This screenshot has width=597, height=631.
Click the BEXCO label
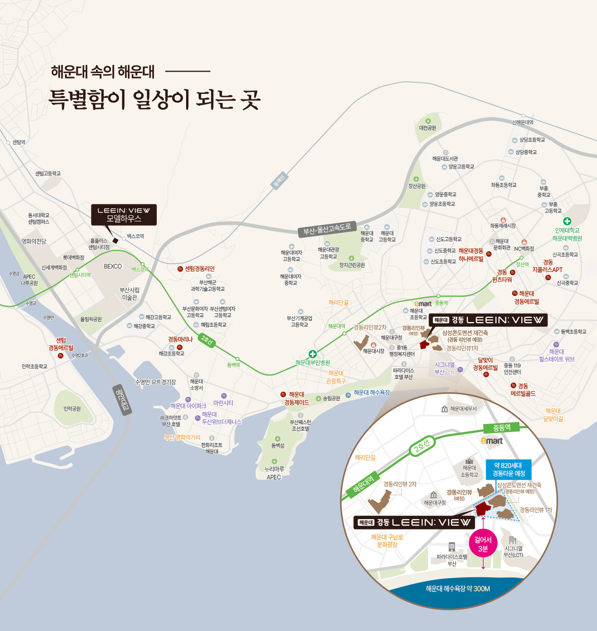(113, 267)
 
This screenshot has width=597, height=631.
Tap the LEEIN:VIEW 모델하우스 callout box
(124, 215)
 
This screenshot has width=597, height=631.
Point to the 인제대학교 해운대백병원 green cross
(567, 221)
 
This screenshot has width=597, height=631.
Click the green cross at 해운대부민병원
(312, 354)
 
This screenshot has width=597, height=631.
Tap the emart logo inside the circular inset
(492, 441)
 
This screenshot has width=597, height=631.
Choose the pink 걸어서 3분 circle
(483, 544)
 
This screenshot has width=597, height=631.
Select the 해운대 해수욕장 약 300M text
(458, 589)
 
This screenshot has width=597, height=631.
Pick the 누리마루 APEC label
(274, 473)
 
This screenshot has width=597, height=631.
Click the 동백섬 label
(278, 446)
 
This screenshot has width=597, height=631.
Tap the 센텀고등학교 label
(48, 174)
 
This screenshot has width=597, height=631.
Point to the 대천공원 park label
(427, 128)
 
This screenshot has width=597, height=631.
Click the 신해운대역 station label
(522, 122)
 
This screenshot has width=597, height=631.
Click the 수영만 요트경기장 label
(155, 382)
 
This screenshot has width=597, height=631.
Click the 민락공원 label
(72, 409)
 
